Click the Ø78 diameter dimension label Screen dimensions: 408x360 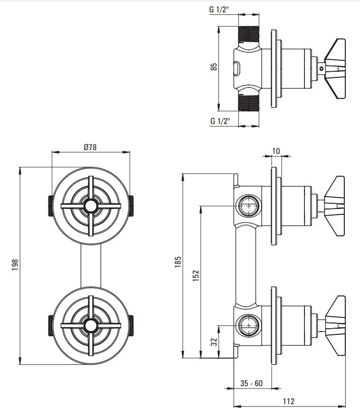coord(90,147)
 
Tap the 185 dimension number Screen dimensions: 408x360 coord(178,262)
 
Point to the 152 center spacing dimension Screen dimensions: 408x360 coord(196,276)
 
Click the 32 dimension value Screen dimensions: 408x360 coord(213,341)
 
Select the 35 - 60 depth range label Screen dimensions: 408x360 coord(251,383)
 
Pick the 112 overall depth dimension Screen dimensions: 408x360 coord(288,401)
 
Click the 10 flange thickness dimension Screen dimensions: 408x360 coord(276,151)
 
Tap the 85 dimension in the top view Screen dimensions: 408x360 coord(214,66)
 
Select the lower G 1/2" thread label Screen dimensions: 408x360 coord(220,121)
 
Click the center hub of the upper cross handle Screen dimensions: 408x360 coord(90,206)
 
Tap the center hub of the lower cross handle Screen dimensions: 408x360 coord(90,325)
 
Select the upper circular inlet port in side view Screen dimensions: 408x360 coord(247,206)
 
